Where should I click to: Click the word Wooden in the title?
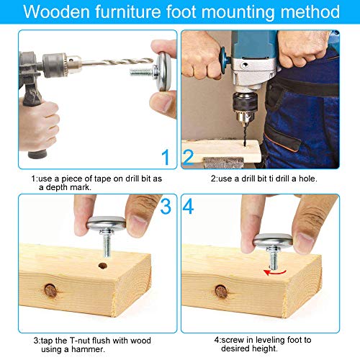tap(55, 12)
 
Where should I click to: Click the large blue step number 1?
tap(166, 156)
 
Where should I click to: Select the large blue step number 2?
tap(188, 156)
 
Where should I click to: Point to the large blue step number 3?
tap(166, 207)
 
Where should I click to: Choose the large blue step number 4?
tap(189, 207)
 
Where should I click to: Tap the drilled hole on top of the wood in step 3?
tap(103, 266)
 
